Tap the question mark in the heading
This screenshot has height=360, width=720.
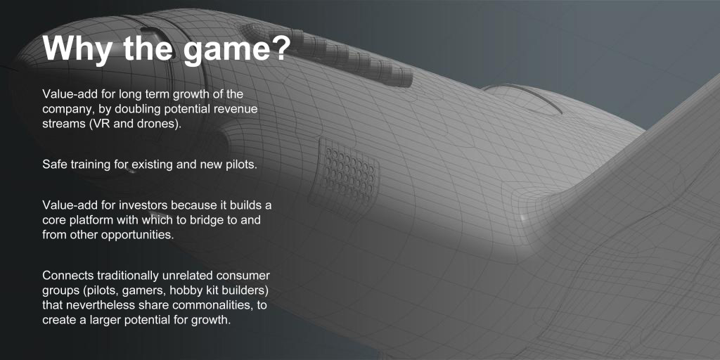[280, 46]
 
